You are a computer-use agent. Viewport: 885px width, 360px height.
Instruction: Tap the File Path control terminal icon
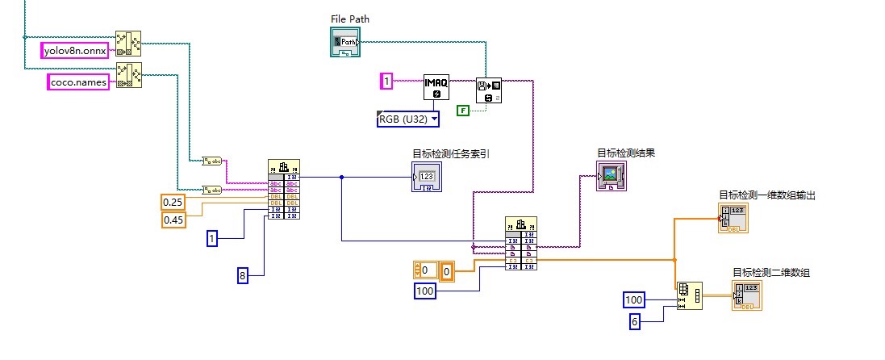344,42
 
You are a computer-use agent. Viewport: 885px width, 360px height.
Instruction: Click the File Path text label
350,19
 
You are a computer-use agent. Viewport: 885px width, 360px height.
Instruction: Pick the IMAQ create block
435,88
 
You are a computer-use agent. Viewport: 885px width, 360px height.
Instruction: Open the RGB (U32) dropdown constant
408,119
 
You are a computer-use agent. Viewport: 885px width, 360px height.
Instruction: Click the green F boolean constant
463,111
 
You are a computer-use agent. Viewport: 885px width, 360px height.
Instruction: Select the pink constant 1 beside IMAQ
387,81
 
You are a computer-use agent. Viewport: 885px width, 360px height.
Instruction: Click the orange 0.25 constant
173,202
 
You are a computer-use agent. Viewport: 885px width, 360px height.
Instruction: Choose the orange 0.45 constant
173,220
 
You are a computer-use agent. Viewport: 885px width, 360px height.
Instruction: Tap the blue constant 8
242,275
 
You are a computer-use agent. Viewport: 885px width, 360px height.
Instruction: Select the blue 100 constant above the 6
634,300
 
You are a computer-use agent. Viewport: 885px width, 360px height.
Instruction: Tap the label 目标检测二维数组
770,273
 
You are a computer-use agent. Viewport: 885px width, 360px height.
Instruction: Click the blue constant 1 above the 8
212,239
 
